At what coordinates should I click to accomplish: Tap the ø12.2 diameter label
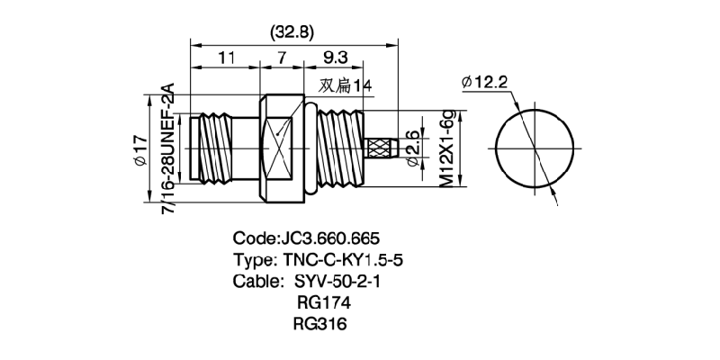[484, 83]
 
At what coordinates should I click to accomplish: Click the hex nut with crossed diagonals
[281, 148]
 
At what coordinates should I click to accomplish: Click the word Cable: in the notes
[255, 282]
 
